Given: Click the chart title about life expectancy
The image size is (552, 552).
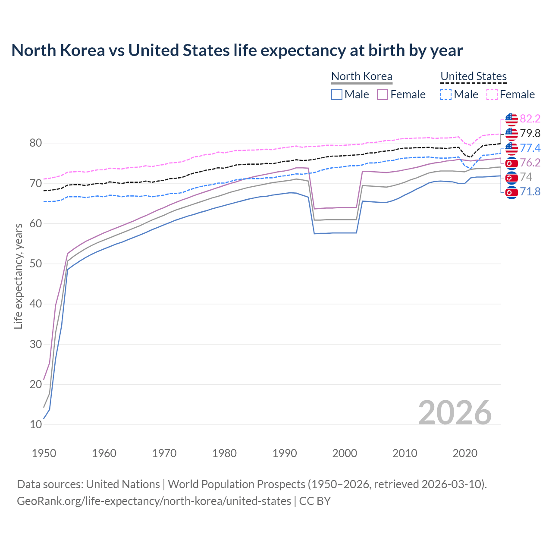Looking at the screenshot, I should pos(237,50).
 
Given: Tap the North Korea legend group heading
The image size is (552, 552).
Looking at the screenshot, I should pos(361,76).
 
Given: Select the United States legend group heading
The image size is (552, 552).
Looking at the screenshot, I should pos(473,76).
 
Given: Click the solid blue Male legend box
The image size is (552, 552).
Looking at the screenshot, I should pos(337,94).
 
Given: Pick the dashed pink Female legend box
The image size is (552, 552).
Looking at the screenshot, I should pos(492,94).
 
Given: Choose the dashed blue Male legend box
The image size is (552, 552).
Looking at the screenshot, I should pos(446,94).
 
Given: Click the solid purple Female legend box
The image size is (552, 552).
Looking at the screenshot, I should pos(383,94).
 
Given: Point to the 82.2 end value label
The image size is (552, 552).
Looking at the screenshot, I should pos(530,119).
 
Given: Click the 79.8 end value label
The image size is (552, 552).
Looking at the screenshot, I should pos(530,133).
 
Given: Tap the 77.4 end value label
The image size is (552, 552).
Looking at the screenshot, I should pos(530,148).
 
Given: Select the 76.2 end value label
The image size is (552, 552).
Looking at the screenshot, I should pos(530,163).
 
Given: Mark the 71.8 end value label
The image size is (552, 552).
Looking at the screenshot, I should pos(530,191).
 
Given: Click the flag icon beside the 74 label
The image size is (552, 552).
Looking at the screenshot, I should pos(511,177).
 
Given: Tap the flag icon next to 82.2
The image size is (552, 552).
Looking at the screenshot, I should pos(511,119).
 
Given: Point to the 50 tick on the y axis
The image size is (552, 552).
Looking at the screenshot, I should pos(36,263).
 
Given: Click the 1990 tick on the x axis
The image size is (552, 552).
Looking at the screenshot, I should pos(285,453).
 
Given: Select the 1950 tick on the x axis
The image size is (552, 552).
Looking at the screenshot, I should pos(44,453).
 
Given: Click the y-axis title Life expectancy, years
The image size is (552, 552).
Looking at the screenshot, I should pos(18,276).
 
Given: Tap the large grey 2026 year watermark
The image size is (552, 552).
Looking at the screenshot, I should pos(455,413).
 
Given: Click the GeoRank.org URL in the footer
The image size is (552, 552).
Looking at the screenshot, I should pos(154,501).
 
